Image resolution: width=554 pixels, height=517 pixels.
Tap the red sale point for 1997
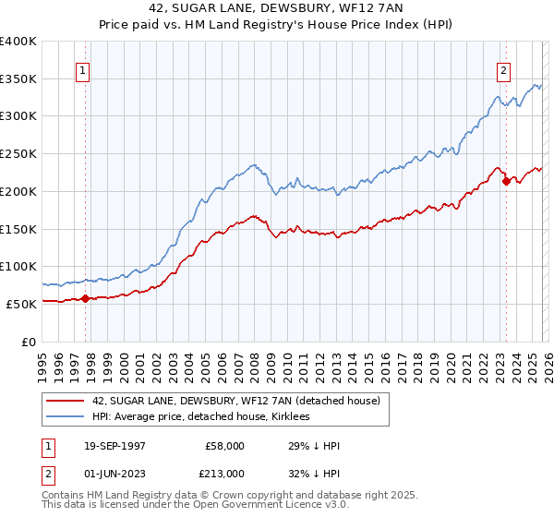(86, 298)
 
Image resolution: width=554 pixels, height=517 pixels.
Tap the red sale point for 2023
(506, 182)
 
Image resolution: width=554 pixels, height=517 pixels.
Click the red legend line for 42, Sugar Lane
(65, 401)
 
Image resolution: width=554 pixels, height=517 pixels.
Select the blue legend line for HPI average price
(65, 417)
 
